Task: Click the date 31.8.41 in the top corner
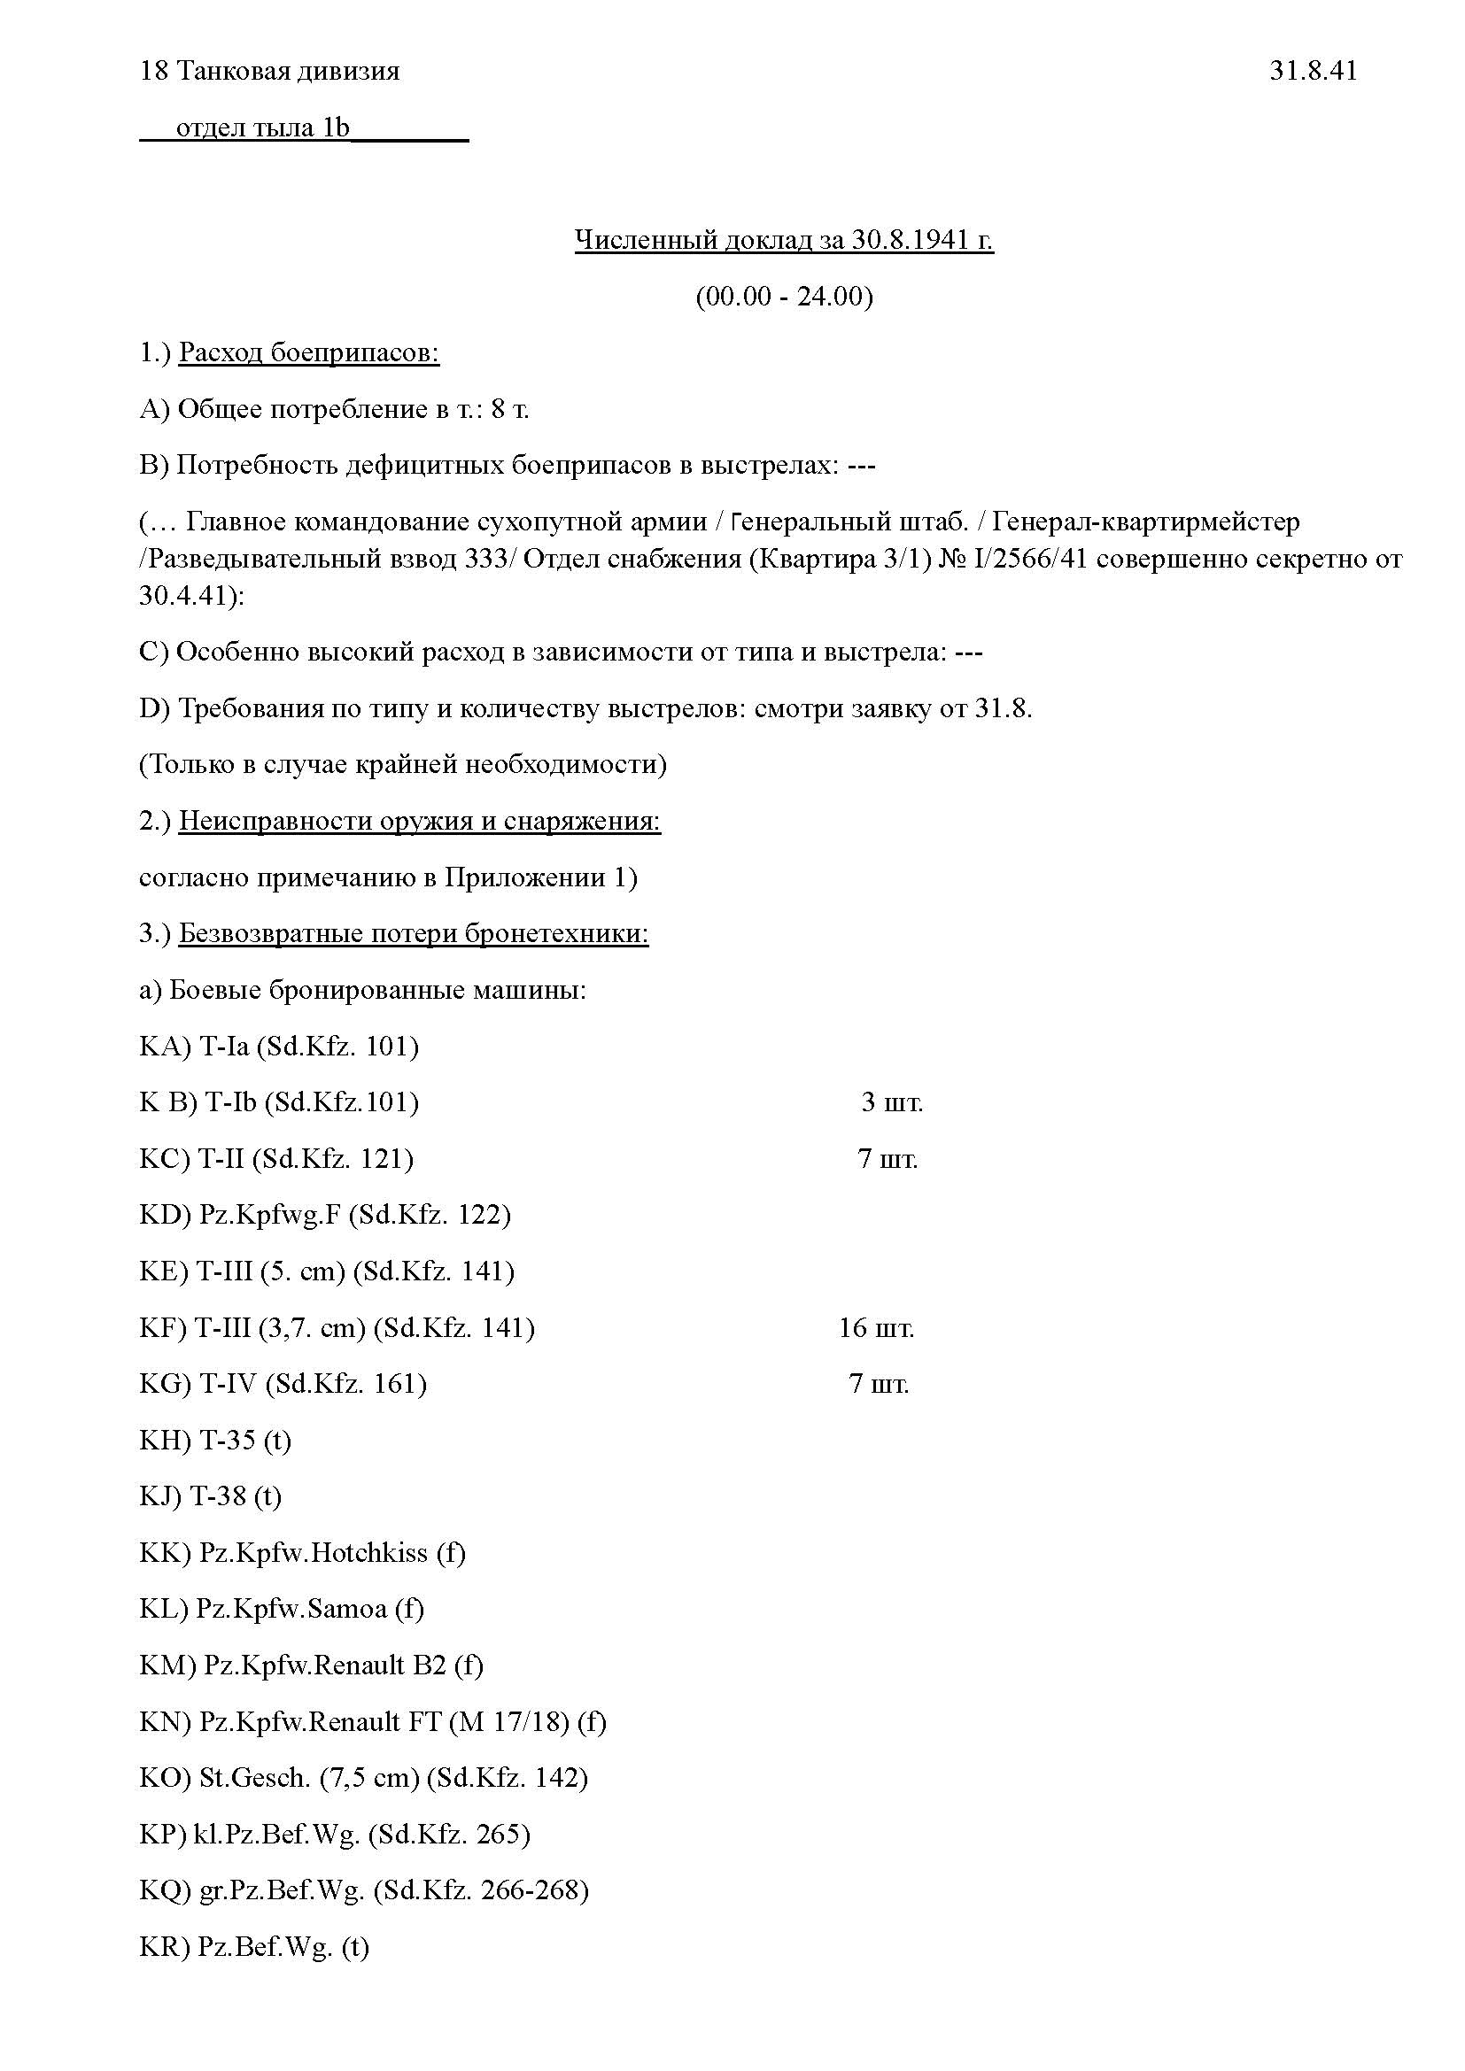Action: coord(1313,70)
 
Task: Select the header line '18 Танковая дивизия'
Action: coord(270,70)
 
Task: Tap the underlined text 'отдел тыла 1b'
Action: coord(261,128)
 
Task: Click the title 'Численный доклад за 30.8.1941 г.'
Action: coord(784,240)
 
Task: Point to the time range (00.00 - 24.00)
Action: coord(784,296)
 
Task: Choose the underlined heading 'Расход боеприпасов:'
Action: coord(308,352)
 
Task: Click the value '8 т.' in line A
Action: coord(509,410)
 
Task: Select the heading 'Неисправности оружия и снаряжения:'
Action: coord(420,821)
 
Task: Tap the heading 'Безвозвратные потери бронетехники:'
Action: coord(413,933)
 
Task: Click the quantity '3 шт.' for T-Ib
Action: coord(891,1102)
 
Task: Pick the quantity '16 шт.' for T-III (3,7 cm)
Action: coord(876,1328)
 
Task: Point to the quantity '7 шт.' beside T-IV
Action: coord(879,1384)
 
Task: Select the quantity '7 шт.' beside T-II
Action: coord(888,1159)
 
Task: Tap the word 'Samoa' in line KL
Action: coord(347,1609)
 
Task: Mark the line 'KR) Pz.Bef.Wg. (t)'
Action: coord(254,1946)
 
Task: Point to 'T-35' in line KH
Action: coord(228,1441)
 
